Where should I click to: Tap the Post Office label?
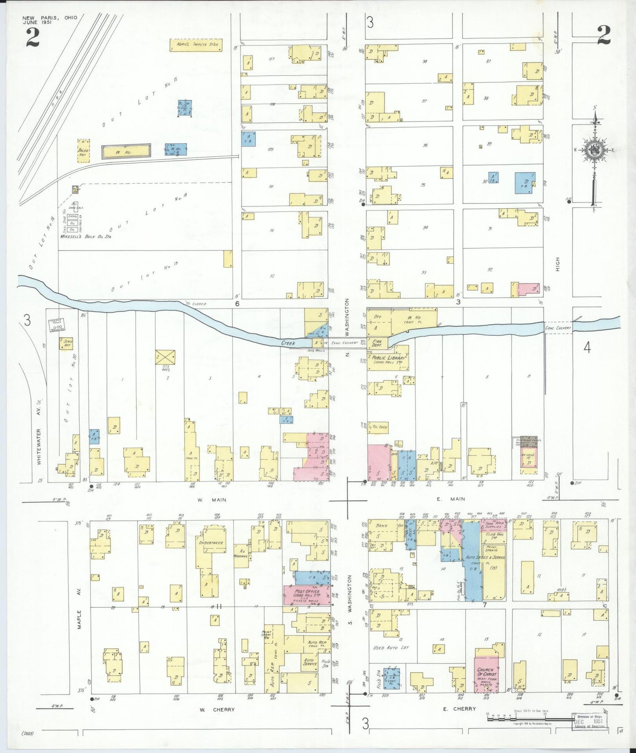click(x=306, y=591)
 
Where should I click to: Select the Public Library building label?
click(x=388, y=358)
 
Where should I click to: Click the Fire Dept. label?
click(x=377, y=343)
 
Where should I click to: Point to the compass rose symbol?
click(x=595, y=150)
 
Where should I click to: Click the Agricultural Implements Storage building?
click(x=196, y=45)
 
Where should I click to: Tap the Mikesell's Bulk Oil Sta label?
click(x=85, y=236)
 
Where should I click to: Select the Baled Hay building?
click(x=83, y=151)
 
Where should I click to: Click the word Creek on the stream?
click(x=288, y=343)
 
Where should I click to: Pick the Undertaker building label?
click(x=211, y=543)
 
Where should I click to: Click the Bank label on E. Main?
click(x=382, y=525)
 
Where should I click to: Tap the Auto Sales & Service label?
click(x=485, y=557)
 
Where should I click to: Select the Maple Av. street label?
click(x=79, y=607)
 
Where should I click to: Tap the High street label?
click(x=558, y=264)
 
